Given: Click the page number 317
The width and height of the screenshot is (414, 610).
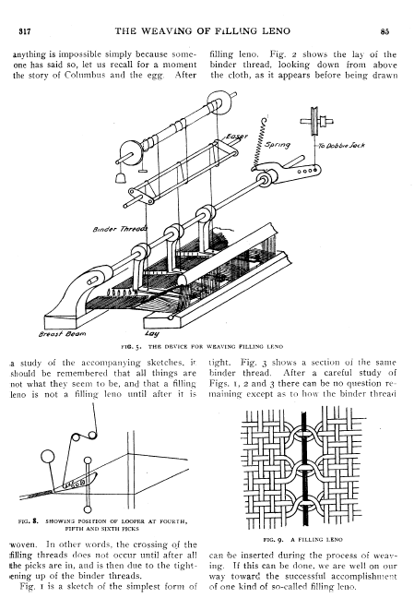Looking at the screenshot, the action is point(25,32).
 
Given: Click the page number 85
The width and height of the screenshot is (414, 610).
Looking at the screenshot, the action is point(384,32).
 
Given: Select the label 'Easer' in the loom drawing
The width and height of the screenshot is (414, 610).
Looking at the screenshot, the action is point(236,138).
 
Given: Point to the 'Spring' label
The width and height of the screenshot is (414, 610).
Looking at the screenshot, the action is point(278,145).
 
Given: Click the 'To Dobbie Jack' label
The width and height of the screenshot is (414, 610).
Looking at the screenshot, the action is point(341,146).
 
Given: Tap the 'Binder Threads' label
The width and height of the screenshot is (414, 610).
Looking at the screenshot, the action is point(120,229).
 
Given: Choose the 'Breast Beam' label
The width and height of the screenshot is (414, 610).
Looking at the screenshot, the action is point(62,334).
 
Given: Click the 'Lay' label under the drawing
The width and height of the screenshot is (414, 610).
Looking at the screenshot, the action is point(152,334).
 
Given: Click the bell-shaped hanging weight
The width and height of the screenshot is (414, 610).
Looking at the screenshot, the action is point(121,177).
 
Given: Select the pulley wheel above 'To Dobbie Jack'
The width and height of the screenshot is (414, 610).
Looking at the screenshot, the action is point(313,122).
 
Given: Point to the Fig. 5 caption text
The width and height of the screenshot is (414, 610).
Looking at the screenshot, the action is point(202,346).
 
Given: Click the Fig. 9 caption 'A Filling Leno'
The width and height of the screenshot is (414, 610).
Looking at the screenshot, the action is point(302,540).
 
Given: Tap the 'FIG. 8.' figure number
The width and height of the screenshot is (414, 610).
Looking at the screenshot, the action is point(29,520).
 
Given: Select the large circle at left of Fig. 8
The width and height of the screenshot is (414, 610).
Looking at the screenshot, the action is point(47,457).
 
